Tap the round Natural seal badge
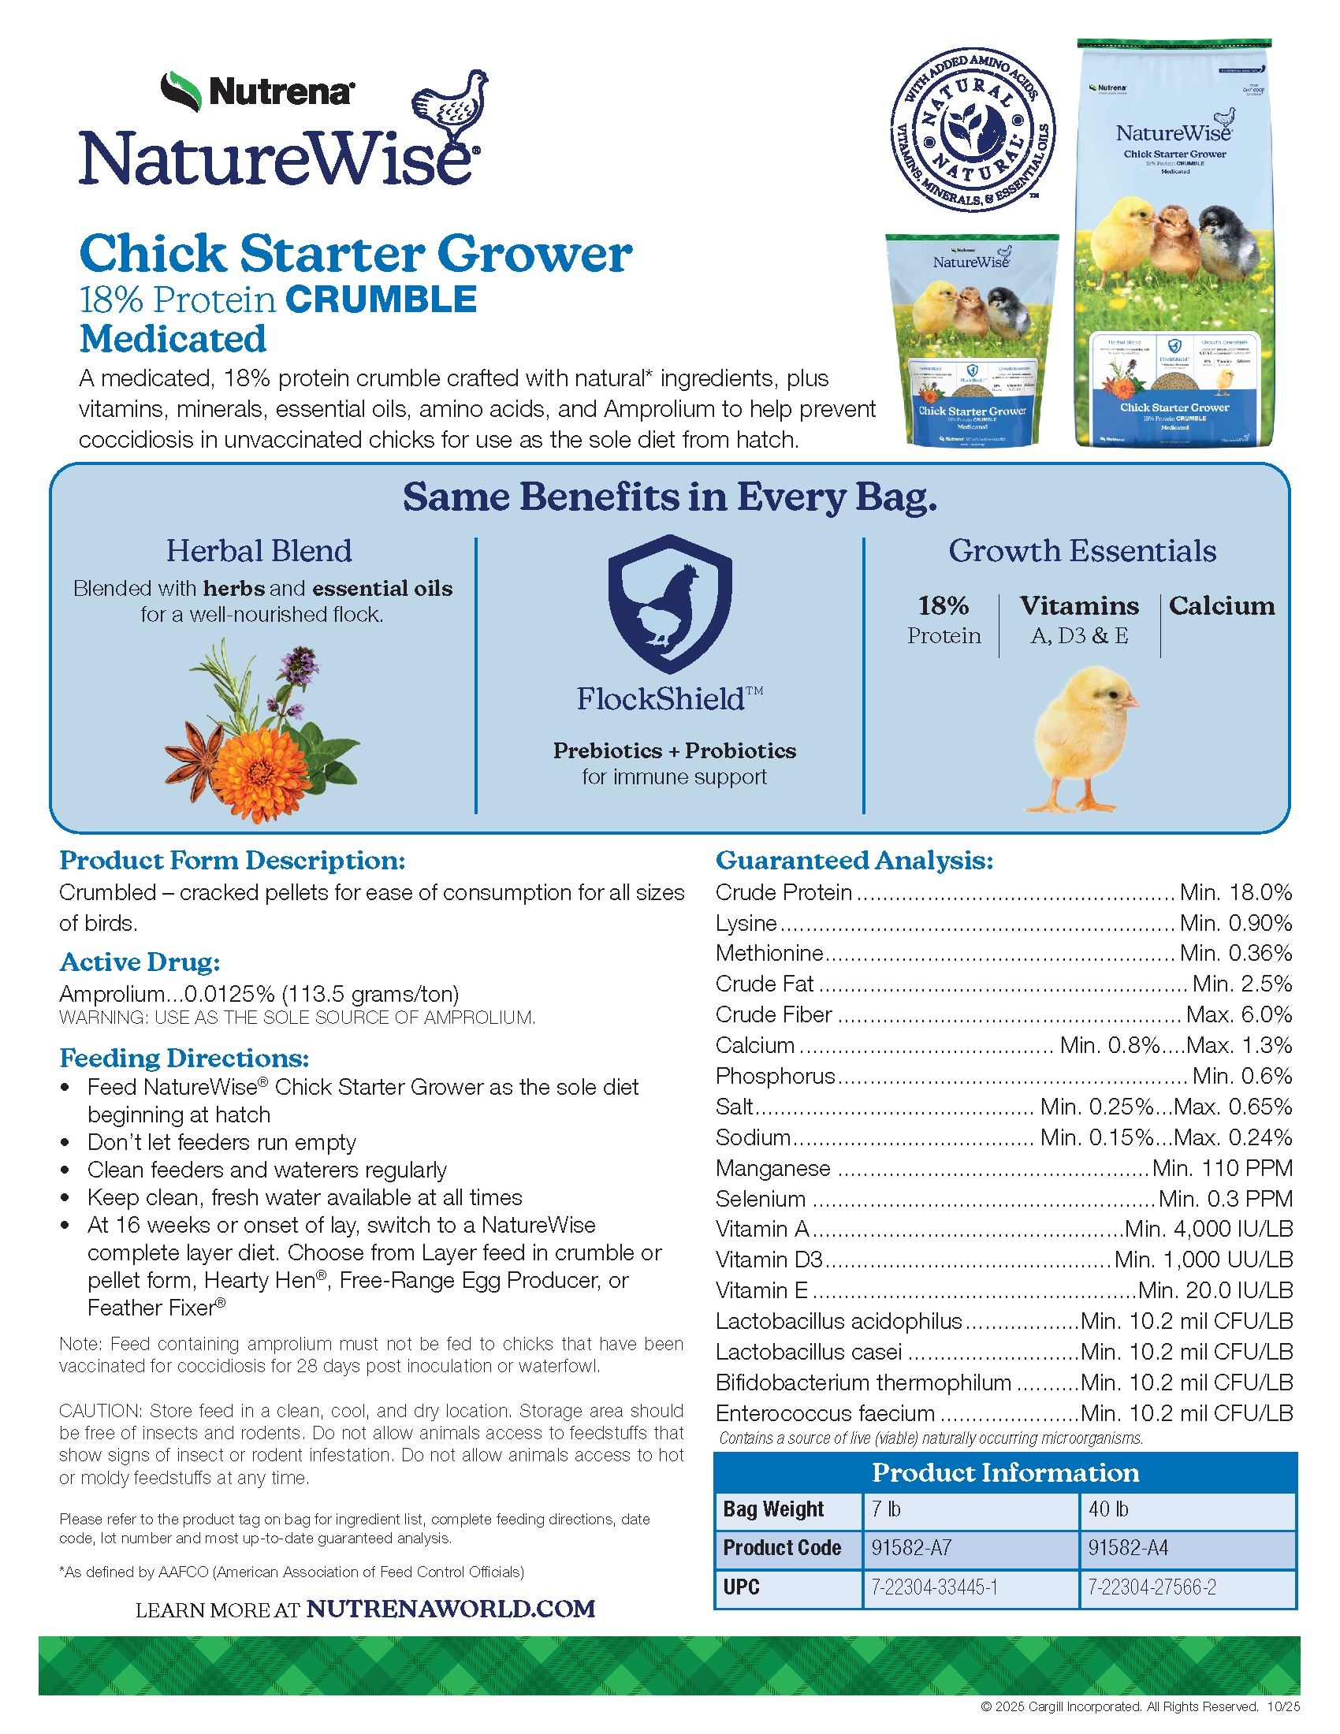click(x=973, y=129)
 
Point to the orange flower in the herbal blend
click(x=261, y=765)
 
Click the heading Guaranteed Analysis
click(x=854, y=860)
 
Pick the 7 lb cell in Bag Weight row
click(x=969, y=1509)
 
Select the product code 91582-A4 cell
click(x=1186, y=1547)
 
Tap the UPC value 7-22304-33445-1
click(x=969, y=1587)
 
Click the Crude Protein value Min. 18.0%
click(x=1235, y=892)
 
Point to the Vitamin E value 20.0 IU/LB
click(x=1215, y=1290)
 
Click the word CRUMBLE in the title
click(x=381, y=300)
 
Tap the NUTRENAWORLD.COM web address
click(x=451, y=1609)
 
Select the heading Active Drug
click(x=140, y=962)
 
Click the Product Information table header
click(x=1005, y=1473)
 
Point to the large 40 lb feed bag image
click(x=1174, y=242)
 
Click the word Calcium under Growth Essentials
click(x=1222, y=606)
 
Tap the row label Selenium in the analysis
click(x=761, y=1199)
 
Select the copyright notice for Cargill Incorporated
click(x=1119, y=1706)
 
